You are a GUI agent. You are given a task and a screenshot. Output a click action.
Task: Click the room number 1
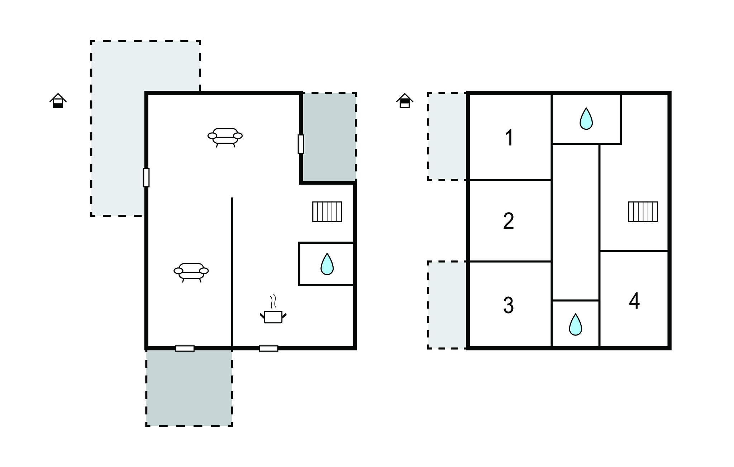(x=509, y=138)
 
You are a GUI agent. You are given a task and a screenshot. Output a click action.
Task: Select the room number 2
(x=509, y=221)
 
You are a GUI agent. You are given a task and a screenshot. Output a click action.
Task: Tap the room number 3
(x=509, y=305)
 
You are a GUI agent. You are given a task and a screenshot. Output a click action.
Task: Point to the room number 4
(x=634, y=301)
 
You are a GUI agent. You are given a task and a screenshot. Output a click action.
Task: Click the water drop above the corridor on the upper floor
(x=586, y=119)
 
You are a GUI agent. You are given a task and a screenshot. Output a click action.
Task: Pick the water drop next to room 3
(x=576, y=325)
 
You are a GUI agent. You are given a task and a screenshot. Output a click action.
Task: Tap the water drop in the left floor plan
(x=327, y=264)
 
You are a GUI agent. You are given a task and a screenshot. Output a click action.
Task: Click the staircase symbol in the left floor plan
(x=327, y=212)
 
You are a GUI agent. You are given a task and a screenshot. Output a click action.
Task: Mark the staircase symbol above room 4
(x=643, y=212)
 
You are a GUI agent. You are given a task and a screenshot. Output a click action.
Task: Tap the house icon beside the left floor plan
(x=58, y=101)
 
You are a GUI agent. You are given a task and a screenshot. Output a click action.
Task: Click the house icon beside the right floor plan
(x=405, y=101)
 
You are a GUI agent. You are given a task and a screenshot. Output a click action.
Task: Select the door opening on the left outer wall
(x=146, y=177)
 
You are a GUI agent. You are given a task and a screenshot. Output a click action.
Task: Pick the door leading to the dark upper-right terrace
(x=301, y=144)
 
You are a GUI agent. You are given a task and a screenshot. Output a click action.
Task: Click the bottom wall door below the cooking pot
(x=268, y=348)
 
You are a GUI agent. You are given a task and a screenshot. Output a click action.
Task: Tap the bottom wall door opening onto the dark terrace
(x=185, y=348)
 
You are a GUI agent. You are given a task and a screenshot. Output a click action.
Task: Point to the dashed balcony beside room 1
(x=447, y=136)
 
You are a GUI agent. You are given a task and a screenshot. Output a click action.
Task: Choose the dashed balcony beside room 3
(x=447, y=305)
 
